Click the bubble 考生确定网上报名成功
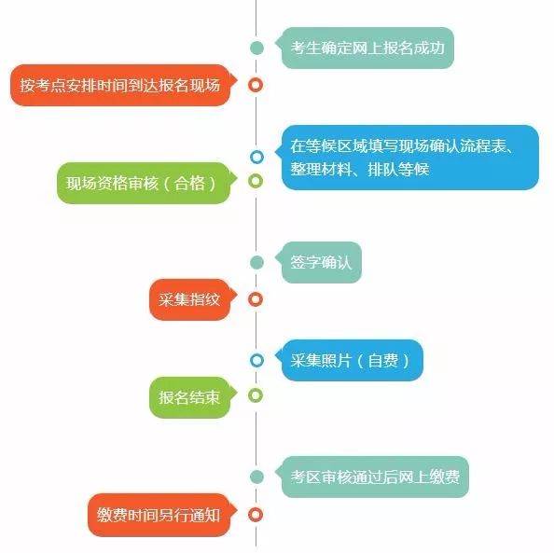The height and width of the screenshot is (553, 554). (367, 48)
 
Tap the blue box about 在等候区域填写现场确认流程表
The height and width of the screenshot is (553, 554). (409, 158)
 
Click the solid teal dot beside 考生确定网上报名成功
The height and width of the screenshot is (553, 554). (256, 48)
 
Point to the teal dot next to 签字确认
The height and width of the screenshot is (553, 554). (256, 262)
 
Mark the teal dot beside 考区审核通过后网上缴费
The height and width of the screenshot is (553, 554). (256, 477)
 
